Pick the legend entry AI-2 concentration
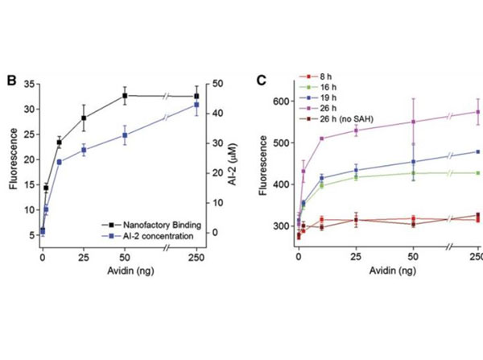click(x=150, y=235)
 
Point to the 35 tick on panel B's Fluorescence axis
click(x=31, y=85)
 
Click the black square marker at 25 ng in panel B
click(x=83, y=118)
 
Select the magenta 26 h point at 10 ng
click(x=322, y=139)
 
